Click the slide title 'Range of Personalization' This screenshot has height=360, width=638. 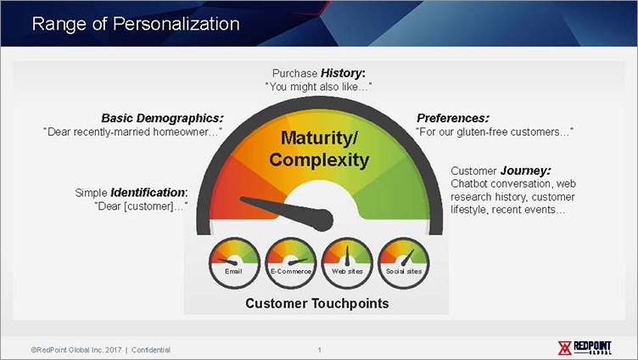[136, 24]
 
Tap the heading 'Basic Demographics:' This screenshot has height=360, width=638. [162, 118]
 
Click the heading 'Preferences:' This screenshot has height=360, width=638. [452, 118]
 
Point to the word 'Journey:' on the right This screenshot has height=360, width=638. [526, 171]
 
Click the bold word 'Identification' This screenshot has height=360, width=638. [148, 192]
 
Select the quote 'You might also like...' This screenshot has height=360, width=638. [319, 87]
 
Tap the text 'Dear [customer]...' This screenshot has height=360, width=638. [141, 206]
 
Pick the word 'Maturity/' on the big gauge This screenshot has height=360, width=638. [319, 138]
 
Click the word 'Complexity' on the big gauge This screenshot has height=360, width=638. [319, 160]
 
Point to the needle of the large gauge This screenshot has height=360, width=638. [287, 211]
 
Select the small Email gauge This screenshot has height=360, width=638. [234, 263]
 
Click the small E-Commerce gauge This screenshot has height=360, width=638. [290, 263]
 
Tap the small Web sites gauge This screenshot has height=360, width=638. [347, 263]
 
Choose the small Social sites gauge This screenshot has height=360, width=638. [404, 263]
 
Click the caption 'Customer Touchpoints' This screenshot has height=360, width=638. [317, 303]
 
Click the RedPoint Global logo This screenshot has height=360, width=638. [585, 348]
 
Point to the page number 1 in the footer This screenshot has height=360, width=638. [319, 350]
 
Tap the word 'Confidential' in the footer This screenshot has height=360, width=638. [151, 350]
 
